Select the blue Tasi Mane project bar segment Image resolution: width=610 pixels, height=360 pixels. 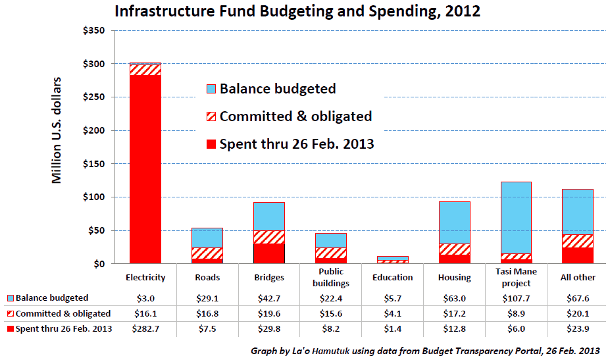point(515,217)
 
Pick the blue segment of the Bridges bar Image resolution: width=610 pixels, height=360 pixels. point(268,216)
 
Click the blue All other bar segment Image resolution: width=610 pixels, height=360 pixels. point(577,211)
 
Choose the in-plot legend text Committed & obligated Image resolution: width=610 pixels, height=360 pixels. point(295,116)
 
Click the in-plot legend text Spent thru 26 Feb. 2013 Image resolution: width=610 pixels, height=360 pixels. point(297,143)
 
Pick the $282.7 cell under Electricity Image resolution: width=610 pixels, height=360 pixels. point(145,328)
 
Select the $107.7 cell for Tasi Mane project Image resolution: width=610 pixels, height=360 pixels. point(515,298)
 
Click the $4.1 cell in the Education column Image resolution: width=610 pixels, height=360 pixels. point(393,313)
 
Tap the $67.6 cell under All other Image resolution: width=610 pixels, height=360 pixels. point(577,298)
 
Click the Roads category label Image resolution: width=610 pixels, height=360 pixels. point(207,277)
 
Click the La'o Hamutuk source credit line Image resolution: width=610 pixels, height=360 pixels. point(425,351)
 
